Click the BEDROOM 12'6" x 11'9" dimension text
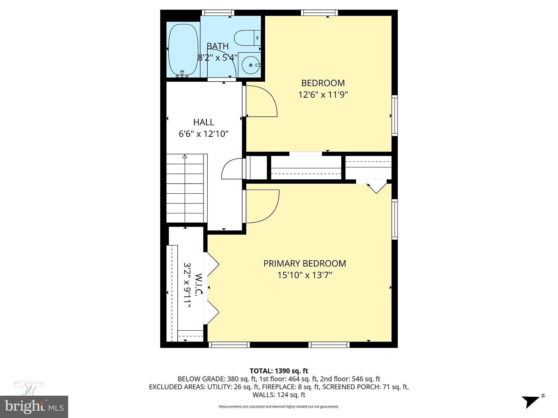click(323, 95)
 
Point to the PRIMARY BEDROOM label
click(305, 263)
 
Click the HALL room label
click(204, 122)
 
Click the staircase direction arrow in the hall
click(185, 157)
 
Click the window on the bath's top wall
click(218, 13)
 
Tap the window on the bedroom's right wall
click(395, 115)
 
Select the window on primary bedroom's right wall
click(395, 219)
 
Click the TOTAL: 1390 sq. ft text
click(279, 371)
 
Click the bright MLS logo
click(34, 407)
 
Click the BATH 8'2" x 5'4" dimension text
click(217, 58)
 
